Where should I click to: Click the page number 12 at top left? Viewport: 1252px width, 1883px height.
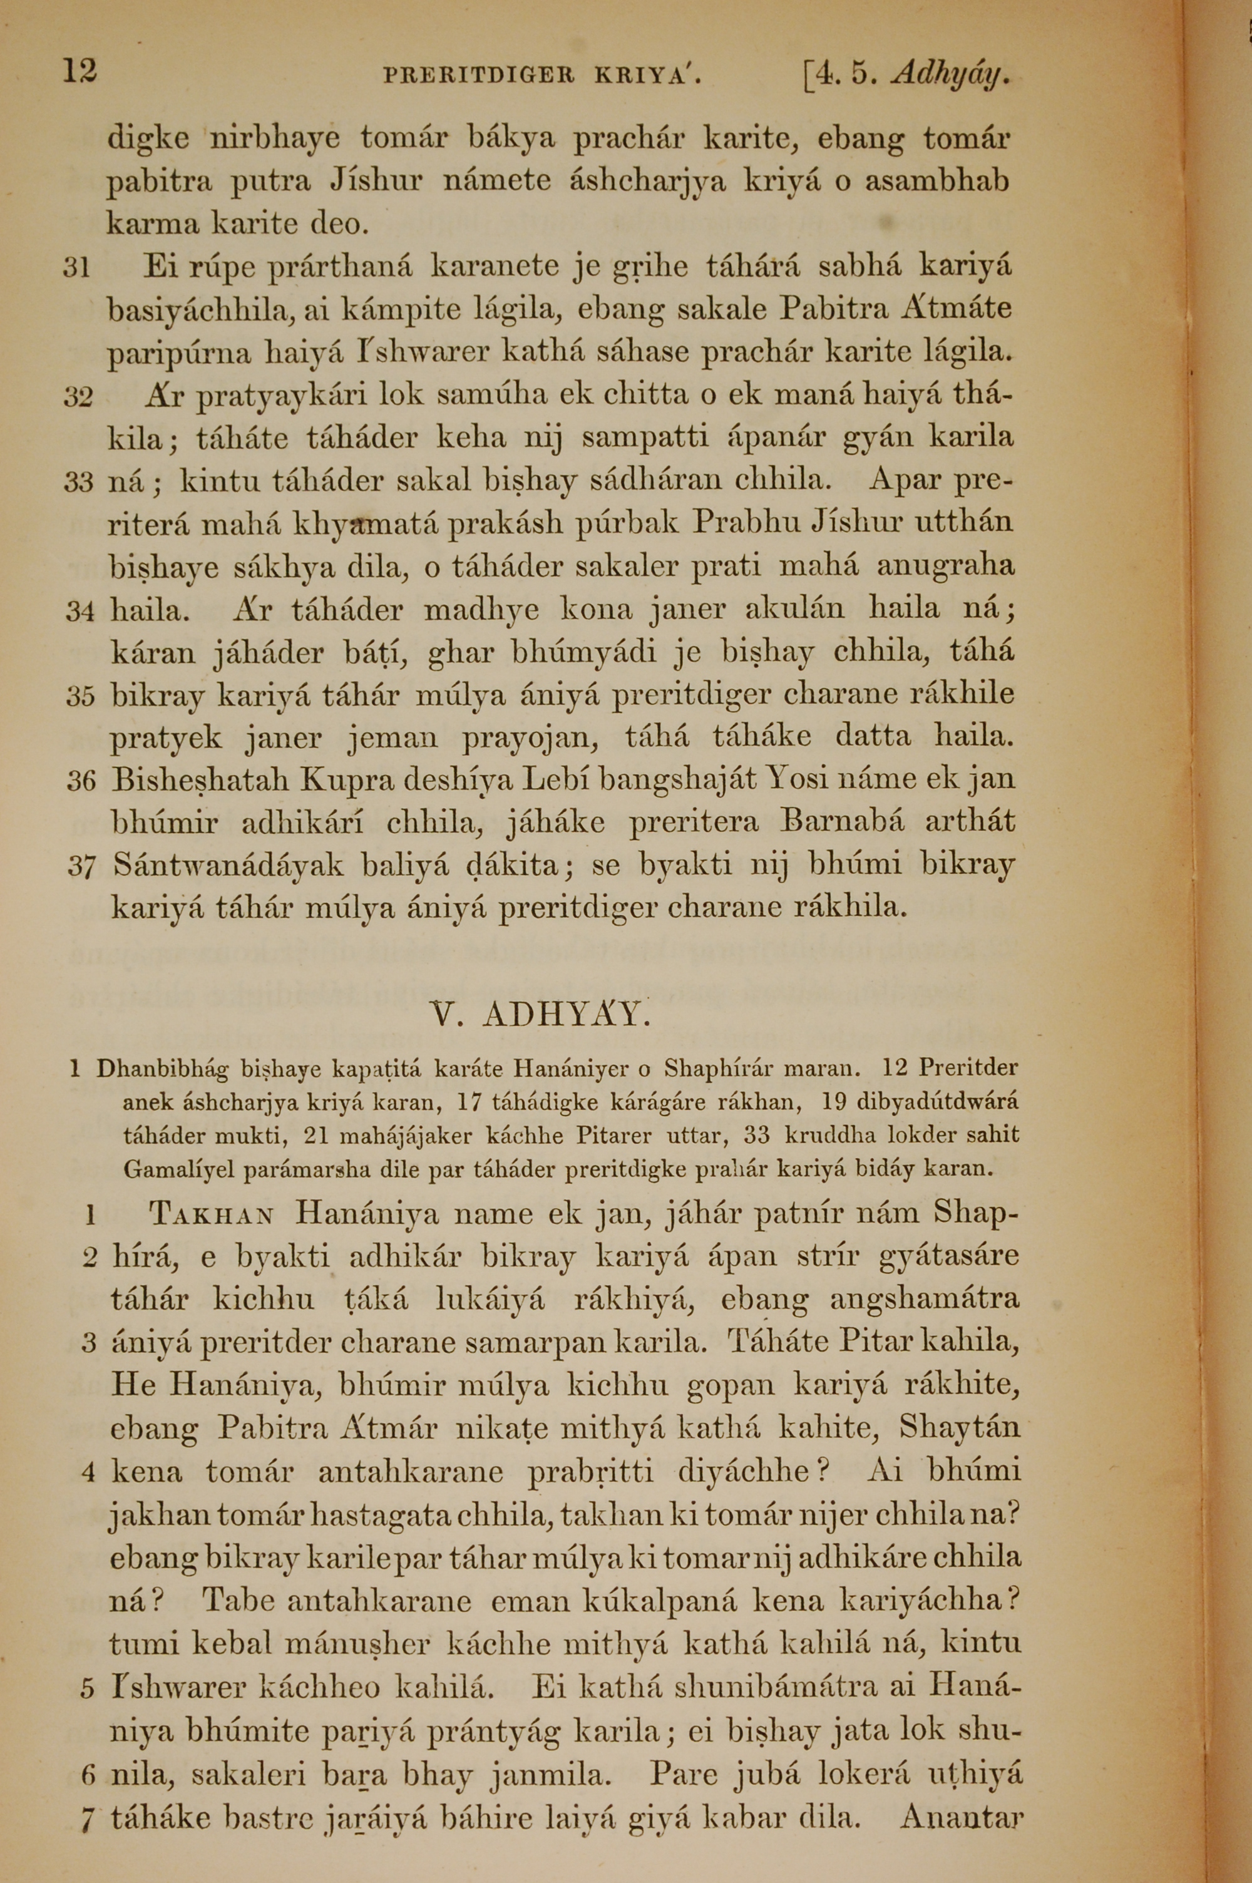[x=80, y=73]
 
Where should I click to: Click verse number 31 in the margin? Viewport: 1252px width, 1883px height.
[x=78, y=267]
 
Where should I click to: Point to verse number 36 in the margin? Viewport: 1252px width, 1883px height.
[x=81, y=780]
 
